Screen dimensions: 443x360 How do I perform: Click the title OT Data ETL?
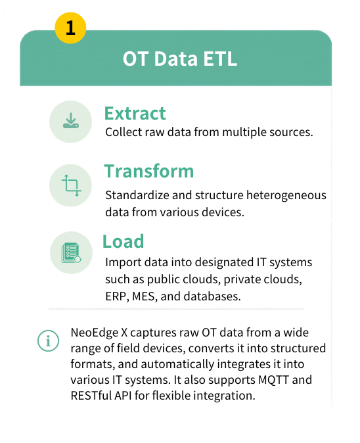click(179, 59)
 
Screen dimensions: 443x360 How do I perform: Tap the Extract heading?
click(135, 113)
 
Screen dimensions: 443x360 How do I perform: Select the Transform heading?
click(148, 171)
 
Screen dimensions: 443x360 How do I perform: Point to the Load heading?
click(123, 241)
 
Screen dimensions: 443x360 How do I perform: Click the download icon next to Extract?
click(70, 122)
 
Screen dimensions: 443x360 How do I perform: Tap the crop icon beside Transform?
click(70, 185)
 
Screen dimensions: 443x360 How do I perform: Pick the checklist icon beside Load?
click(70, 252)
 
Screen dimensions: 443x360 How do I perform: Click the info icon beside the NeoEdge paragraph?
click(47, 342)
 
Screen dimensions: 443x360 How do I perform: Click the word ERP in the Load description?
click(116, 296)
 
